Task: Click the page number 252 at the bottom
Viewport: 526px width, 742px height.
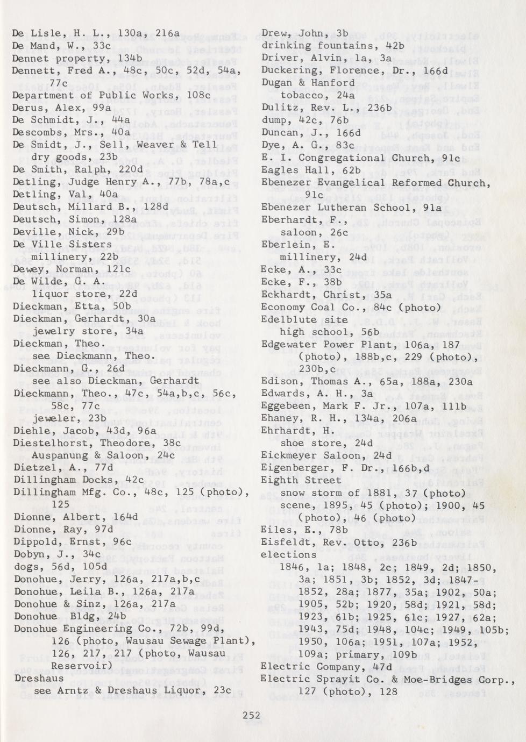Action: (x=251, y=715)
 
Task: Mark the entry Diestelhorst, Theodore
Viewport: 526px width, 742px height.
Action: (x=71, y=443)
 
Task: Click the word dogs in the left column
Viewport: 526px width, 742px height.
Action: (x=26, y=567)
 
